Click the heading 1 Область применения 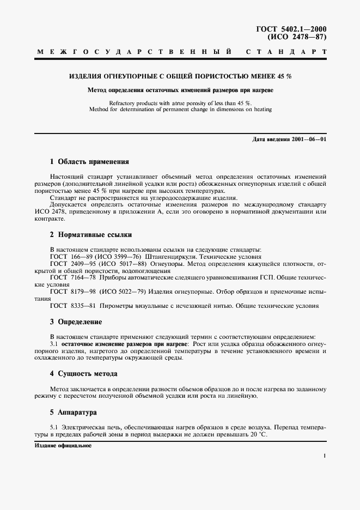[x=89, y=162]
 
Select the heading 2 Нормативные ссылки [x=91, y=235]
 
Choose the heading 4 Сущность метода [x=83, y=374]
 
